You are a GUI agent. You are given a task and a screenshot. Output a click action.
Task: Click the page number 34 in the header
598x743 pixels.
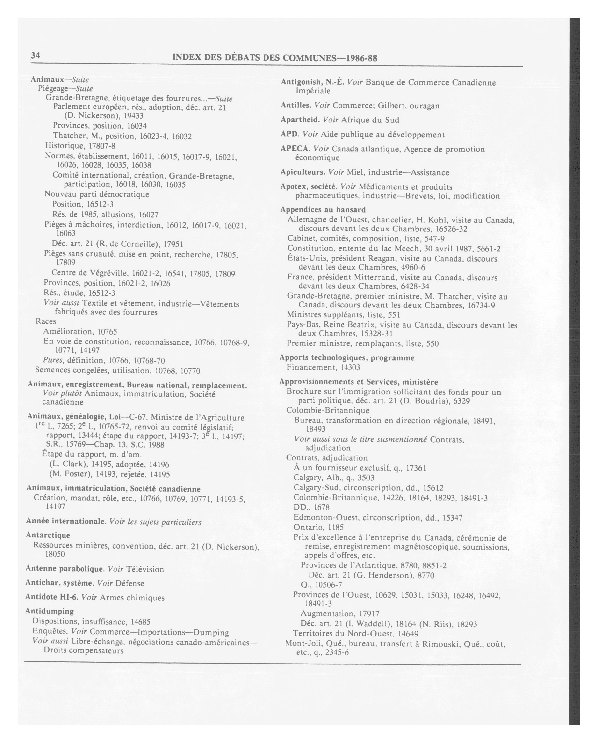coord(36,56)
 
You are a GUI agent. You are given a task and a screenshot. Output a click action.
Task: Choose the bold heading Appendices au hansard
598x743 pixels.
coord(323,209)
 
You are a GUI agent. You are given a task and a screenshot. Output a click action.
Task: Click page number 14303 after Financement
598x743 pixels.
coord(350,367)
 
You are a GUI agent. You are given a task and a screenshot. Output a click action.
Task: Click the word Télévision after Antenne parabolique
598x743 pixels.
coord(145,569)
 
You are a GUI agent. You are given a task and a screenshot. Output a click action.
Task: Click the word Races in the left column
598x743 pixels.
coord(46,321)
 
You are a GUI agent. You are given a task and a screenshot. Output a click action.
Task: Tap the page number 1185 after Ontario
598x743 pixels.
coord(336,527)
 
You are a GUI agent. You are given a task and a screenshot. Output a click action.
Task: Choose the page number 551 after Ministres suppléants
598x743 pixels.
coord(394,315)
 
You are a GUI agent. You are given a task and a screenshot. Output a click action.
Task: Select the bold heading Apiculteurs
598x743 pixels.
coord(302,172)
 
